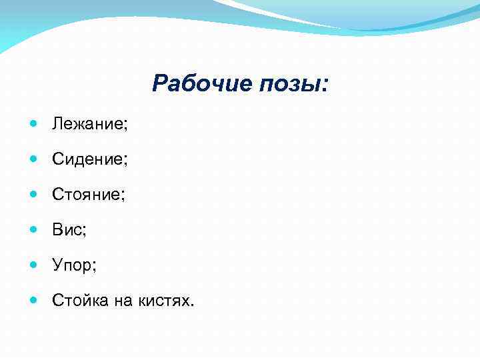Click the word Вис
(x=67, y=230)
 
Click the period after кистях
(x=193, y=306)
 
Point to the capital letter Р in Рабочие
(x=161, y=84)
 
